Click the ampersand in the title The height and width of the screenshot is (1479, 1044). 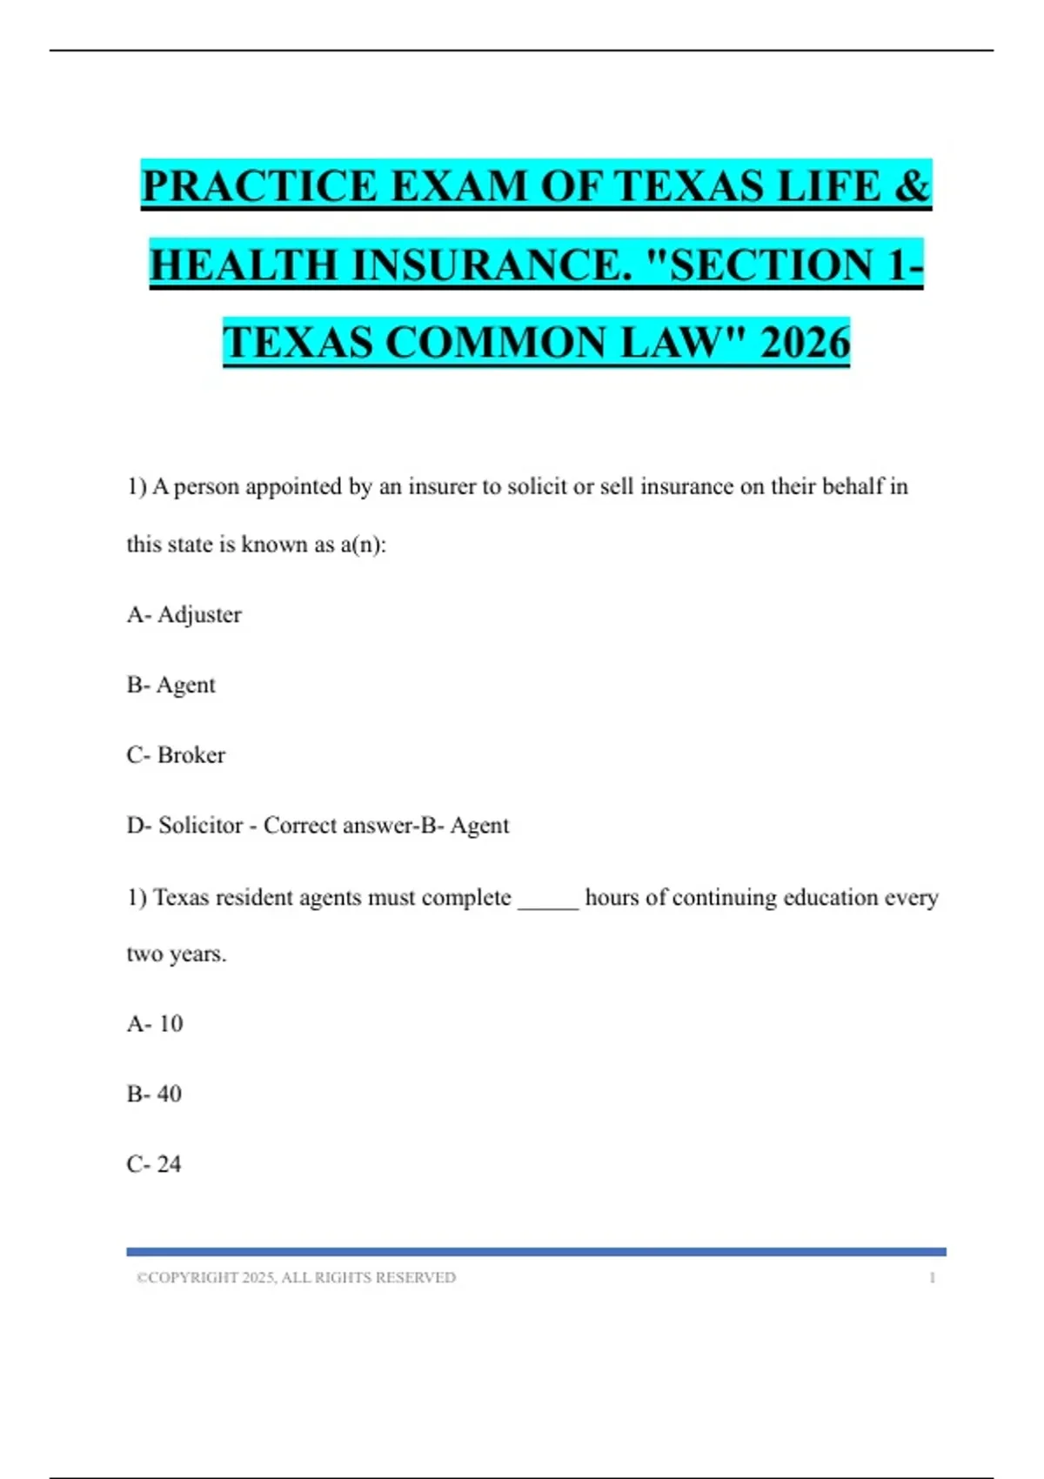[x=912, y=186]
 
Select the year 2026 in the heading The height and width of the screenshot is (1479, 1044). [x=805, y=342]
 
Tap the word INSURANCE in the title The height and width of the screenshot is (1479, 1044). [x=492, y=264]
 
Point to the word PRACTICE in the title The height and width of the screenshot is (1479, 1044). [x=260, y=186]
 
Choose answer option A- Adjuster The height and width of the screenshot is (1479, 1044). [x=184, y=615]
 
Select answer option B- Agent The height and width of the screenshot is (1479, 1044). [x=171, y=686]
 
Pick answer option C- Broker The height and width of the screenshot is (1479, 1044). [x=176, y=755]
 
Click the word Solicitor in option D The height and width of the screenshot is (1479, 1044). [x=200, y=825]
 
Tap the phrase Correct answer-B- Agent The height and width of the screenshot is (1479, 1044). [x=386, y=825]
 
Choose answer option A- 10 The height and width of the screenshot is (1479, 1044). [x=155, y=1024]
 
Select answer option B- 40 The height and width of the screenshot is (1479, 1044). [x=154, y=1094]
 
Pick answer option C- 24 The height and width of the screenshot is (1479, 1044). [x=154, y=1164]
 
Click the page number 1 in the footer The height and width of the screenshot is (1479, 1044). [x=932, y=1278]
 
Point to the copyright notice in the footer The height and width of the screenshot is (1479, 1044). [x=296, y=1278]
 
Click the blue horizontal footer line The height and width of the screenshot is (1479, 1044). [x=536, y=1252]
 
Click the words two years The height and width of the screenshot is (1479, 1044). [x=177, y=954]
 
